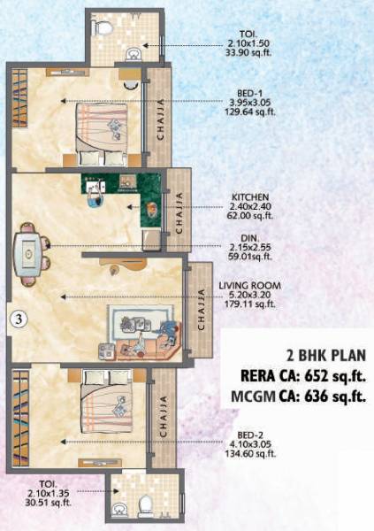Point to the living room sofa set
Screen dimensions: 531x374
[x=147, y=332]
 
